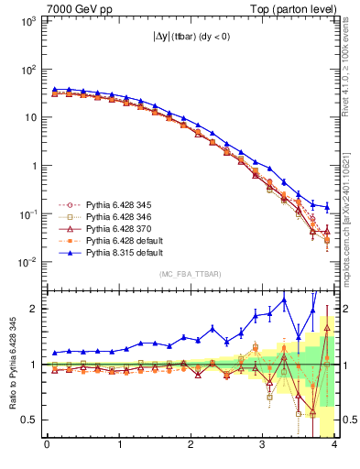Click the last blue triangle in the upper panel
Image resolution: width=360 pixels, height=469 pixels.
tap(328, 207)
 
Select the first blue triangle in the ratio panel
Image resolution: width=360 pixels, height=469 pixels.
tap(54, 353)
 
